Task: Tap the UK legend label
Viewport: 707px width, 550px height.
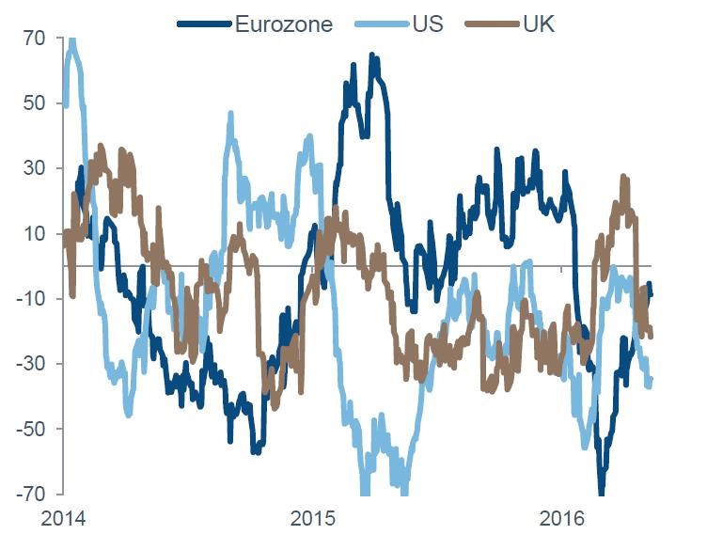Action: [x=538, y=24]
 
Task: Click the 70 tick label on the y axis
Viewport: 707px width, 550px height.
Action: [x=35, y=39]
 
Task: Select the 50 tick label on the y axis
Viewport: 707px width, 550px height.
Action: [x=35, y=103]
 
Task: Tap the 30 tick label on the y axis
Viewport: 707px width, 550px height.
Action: [x=35, y=168]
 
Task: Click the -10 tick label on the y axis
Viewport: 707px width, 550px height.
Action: [x=31, y=299]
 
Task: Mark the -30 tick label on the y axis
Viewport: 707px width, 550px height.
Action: [x=31, y=364]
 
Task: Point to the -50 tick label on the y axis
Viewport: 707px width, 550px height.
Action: [x=31, y=429]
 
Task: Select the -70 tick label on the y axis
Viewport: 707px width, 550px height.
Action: [x=31, y=494]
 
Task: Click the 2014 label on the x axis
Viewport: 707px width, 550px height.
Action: [x=63, y=518]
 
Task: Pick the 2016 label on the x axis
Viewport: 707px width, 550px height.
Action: [x=562, y=518]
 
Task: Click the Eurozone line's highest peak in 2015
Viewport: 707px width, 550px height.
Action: [x=373, y=57]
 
